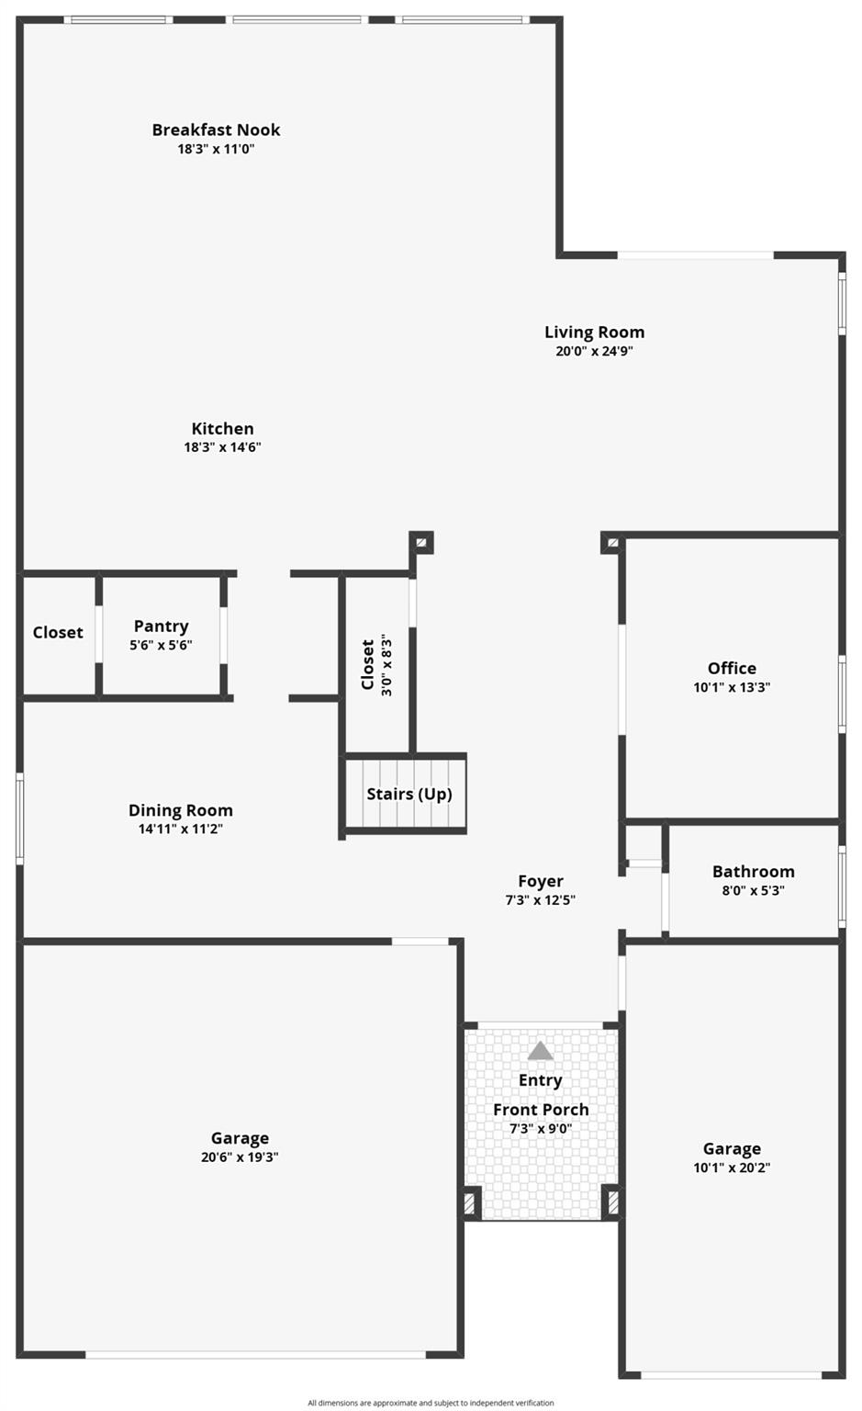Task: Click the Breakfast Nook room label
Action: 216,130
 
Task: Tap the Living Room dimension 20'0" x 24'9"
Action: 594,352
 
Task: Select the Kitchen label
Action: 222,428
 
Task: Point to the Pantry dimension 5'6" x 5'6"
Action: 161,645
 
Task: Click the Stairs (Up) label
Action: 409,795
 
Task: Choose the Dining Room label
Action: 181,810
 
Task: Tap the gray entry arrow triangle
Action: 541,1051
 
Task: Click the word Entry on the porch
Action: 541,1081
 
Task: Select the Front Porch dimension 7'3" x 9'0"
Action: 541,1129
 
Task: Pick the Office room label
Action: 732,669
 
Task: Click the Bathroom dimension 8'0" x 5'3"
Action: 753,891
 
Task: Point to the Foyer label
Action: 541,881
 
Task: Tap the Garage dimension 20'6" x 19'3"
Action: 240,1157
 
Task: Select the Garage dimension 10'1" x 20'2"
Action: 732,1168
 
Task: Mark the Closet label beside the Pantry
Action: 58,632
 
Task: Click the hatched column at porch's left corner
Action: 470,1203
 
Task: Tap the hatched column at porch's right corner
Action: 612,1202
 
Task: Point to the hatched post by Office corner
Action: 612,542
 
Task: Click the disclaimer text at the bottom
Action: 431,1403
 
